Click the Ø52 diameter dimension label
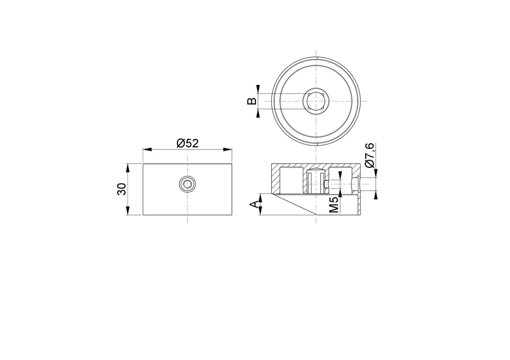(x=187, y=143)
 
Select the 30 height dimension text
(x=122, y=189)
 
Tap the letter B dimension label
(x=252, y=101)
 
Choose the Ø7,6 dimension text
(x=370, y=155)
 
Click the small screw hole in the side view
(x=187, y=184)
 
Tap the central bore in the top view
(x=316, y=100)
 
